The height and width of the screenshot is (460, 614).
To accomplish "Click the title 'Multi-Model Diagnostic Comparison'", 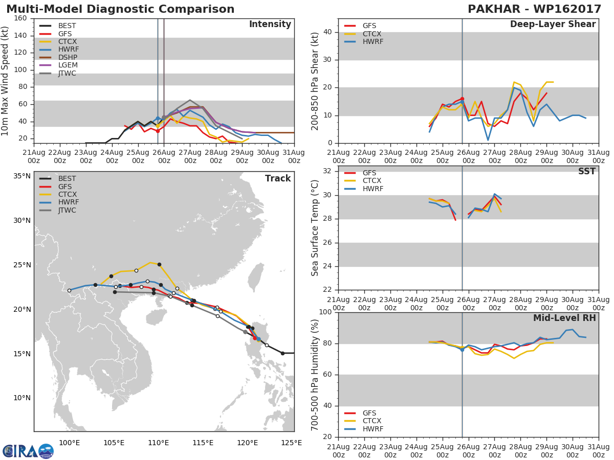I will (x=120, y=9).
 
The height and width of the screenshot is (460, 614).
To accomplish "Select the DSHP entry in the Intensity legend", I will (x=67, y=57).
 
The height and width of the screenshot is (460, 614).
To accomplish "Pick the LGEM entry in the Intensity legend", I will (x=68, y=65).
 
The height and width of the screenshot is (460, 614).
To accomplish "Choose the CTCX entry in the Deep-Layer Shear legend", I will (x=371, y=34).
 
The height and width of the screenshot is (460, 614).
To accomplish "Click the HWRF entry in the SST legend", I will (x=372, y=189).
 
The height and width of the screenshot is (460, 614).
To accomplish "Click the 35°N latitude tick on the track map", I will (x=21, y=176).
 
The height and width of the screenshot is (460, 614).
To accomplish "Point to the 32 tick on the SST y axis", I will (x=326, y=171).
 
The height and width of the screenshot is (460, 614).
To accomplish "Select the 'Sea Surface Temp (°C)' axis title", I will (x=315, y=227).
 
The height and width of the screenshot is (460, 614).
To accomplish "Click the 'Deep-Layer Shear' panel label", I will (x=553, y=25).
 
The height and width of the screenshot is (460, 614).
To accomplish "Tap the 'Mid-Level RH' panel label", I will (x=564, y=318).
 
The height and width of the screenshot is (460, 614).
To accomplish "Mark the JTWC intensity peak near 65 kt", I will (x=190, y=100).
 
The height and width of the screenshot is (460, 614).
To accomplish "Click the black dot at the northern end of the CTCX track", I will (x=159, y=264).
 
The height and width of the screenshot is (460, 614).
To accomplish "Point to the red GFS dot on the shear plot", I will (x=462, y=99).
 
